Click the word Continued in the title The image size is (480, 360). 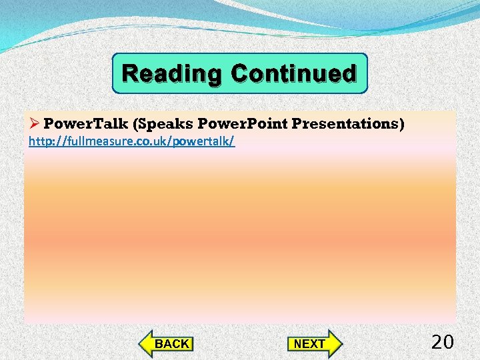click(x=293, y=73)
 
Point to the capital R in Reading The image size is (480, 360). click(x=131, y=73)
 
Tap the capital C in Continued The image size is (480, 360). click(x=240, y=73)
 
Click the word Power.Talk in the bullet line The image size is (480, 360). click(x=85, y=124)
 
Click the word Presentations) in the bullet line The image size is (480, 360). click(x=348, y=124)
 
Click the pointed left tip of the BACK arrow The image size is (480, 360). click(x=140, y=344)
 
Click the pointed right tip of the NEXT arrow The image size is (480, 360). click(x=340, y=344)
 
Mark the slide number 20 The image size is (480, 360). click(x=443, y=343)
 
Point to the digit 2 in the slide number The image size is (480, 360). click(x=437, y=343)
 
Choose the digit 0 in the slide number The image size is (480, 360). click(x=449, y=343)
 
